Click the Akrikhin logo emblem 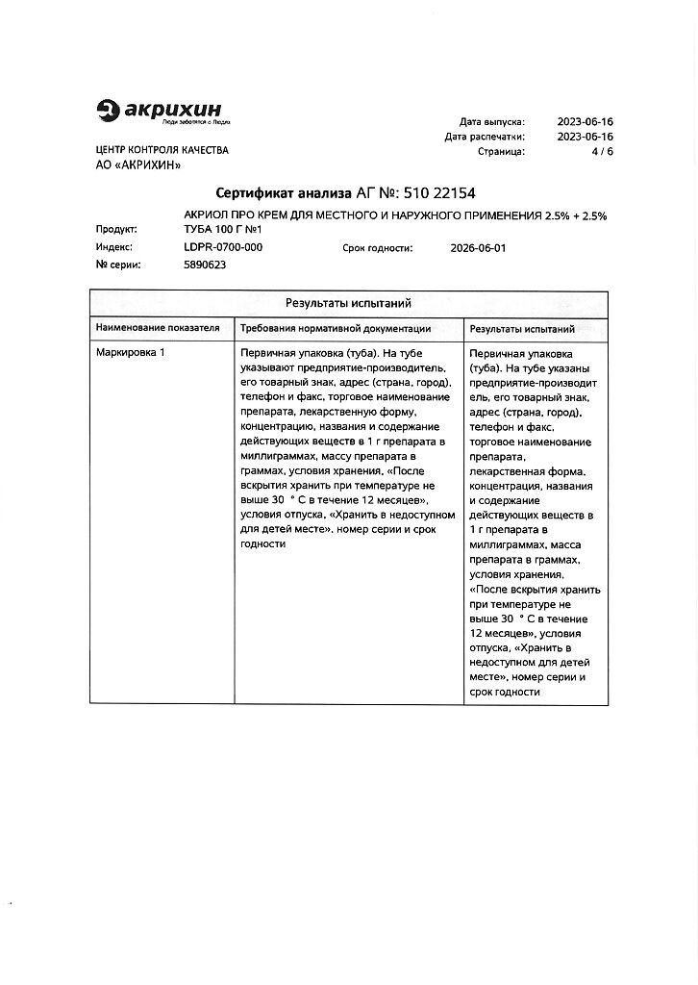coord(109,113)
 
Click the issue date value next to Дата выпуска coord(586,122)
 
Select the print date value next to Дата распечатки coord(586,137)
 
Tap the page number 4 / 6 coord(604,152)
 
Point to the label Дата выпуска coord(491,122)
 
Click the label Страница coord(501,152)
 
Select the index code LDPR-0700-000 coord(223,247)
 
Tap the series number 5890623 coord(205,265)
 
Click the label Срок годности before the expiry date coord(378,247)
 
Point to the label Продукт coord(115,230)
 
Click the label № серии coord(118,265)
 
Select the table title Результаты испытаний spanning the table coord(349,303)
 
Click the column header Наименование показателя coord(158,328)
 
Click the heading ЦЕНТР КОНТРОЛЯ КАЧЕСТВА coord(162,151)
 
